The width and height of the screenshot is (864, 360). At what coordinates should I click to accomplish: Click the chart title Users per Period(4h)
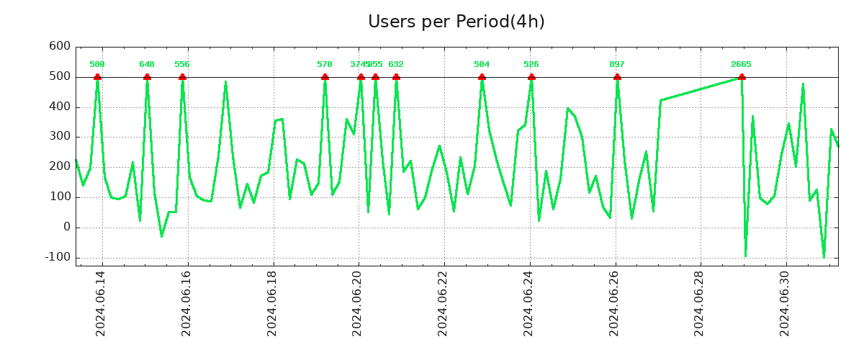[456, 22]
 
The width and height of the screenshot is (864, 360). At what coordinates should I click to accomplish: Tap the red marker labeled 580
[97, 77]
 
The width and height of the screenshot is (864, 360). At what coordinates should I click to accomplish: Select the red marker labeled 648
[147, 77]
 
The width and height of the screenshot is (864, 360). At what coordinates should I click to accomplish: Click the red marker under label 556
[182, 77]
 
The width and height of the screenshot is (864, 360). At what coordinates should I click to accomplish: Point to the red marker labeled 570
[325, 77]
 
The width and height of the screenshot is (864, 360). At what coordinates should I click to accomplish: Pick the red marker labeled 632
[396, 77]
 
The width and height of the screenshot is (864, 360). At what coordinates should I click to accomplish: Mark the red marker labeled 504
[482, 77]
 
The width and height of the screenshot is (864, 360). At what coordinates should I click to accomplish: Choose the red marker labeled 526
[531, 77]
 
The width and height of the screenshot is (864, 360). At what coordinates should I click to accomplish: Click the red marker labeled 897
[617, 77]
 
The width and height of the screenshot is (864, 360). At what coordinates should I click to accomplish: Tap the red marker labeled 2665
[742, 77]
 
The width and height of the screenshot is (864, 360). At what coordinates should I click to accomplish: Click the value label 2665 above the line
[741, 65]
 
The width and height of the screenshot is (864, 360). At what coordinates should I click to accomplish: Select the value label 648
[147, 65]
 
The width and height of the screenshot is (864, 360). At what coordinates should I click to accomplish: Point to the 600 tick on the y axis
[60, 46]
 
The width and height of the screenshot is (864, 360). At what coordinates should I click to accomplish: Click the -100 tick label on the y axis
[57, 257]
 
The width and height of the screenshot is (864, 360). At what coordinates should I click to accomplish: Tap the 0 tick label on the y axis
[67, 227]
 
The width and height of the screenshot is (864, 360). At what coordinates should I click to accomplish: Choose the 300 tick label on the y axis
[60, 136]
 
